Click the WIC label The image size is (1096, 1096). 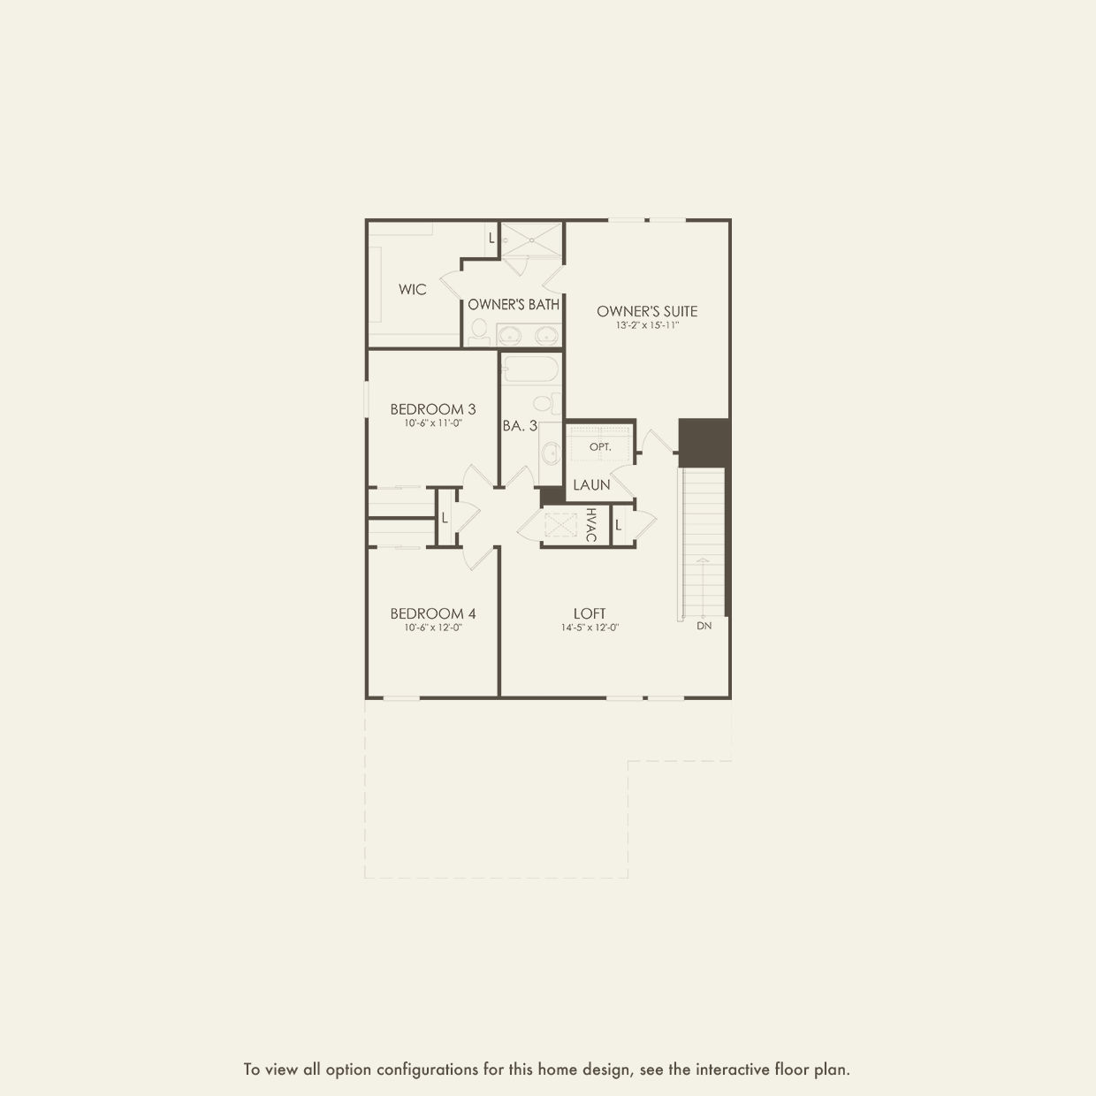(x=413, y=290)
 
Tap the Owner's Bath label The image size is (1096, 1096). (x=514, y=305)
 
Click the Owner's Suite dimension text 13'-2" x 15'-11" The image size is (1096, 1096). (x=647, y=326)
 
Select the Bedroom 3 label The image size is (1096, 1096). (x=433, y=409)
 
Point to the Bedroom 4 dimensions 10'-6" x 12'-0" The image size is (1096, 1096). (x=433, y=628)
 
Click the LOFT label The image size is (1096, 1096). (x=590, y=613)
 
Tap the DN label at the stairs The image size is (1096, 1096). (x=704, y=626)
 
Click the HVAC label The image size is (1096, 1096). (x=591, y=525)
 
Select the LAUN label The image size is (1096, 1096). (x=591, y=485)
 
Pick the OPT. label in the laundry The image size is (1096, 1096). (x=600, y=447)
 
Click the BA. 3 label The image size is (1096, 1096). (x=520, y=425)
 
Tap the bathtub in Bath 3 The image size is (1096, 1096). (x=530, y=369)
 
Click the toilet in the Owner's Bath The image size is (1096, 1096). (x=479, y=331)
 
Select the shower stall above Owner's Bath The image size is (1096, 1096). (x=531, y=240)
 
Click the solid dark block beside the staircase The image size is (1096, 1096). (x=704, y=443)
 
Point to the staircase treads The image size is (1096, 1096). (x=704, y=542)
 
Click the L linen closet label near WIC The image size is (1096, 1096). (x=492, y=239)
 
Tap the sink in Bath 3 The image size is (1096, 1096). (x=551, y=453)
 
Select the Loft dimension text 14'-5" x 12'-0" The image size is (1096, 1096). (x=590, y=628)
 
